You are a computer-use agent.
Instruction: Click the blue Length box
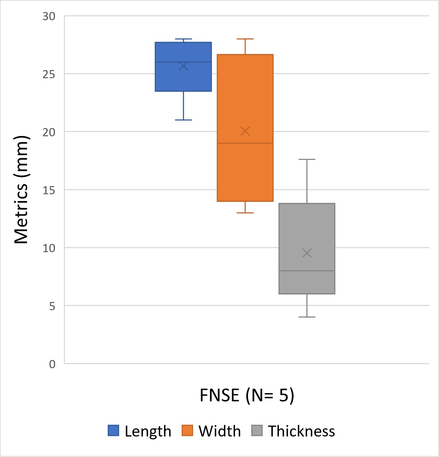point(183,78)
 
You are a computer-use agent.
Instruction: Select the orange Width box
point(245,94)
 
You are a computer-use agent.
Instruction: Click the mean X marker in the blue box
point(183,66)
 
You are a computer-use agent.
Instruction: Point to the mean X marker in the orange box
point(245,131)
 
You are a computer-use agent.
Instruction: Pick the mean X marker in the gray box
point(307,253)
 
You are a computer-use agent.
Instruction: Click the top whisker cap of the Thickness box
point(307,160)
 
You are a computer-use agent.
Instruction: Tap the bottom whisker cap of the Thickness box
point(307,317)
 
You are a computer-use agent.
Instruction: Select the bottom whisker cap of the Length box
point(183,120)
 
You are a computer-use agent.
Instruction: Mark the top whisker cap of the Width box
point(245,39)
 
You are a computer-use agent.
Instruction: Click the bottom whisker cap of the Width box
point(245,213)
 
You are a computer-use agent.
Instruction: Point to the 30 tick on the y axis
point(49,16)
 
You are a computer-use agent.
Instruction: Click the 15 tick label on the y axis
point(49,190)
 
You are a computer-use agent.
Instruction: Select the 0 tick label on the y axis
point(52,364)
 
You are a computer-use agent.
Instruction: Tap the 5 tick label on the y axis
point(52,306)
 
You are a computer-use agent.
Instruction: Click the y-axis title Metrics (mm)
point(21,190)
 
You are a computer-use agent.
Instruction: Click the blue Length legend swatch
point(113,430)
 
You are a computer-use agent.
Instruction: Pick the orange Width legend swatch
point(187,430)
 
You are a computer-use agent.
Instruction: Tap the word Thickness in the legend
point(301,431)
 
